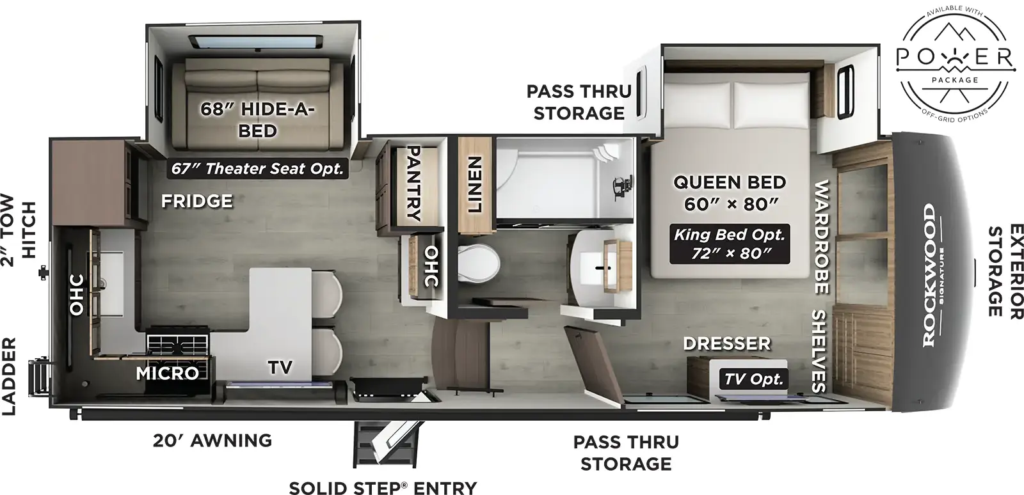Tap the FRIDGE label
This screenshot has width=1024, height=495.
tap(196, 201)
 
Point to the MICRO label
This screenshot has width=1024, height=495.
tap(167, 372)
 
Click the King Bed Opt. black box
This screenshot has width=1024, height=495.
tap(729, 244)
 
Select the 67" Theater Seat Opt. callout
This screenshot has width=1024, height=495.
tap(257, 168)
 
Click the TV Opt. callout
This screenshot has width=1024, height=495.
tap(753, 379)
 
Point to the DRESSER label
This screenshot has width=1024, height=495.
tap(726, 344)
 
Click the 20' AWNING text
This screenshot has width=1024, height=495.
tap(212, 441)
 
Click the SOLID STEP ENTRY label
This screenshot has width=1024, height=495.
tap(383, 487)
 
